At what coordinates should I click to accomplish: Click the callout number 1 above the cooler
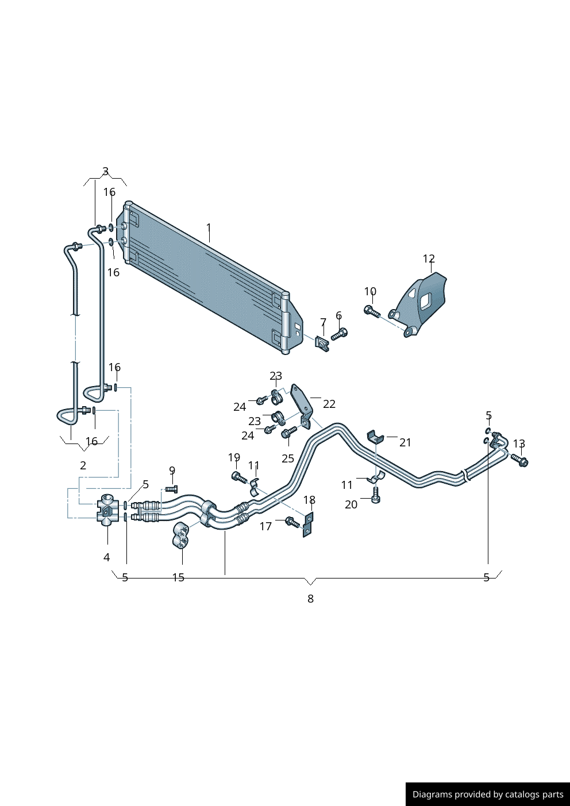[x=209, y=227]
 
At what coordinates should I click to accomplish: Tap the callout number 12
[x=429, y=259]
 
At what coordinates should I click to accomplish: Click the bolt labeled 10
[x=371, y=311]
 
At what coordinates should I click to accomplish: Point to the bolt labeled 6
[x=339, y=334]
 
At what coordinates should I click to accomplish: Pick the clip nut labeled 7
[x=322, y=344]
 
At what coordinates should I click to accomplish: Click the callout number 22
[x=329, y=404]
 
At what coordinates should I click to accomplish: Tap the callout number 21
[x=406, y=442]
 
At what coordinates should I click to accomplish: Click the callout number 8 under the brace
[x=310, y=599]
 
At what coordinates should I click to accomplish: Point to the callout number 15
[x=178, y=577]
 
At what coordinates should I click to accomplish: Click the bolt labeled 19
[x=238, y=477]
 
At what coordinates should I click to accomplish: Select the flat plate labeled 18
[x=309, y=525]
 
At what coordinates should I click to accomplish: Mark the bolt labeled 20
[x=376, y=495]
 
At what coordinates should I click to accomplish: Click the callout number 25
[x=288, y=458]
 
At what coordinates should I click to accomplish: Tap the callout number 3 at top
[x=105, y=171]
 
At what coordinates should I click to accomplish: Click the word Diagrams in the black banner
[x=432, y=795]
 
